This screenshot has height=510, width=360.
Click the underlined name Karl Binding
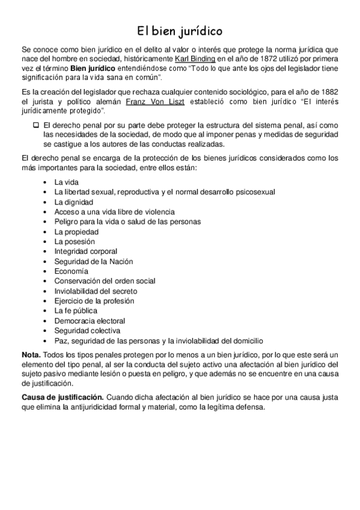195,58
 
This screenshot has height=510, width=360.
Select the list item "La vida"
66,182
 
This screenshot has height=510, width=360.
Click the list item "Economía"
71,271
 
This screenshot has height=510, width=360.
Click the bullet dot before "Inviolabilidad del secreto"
46,290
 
